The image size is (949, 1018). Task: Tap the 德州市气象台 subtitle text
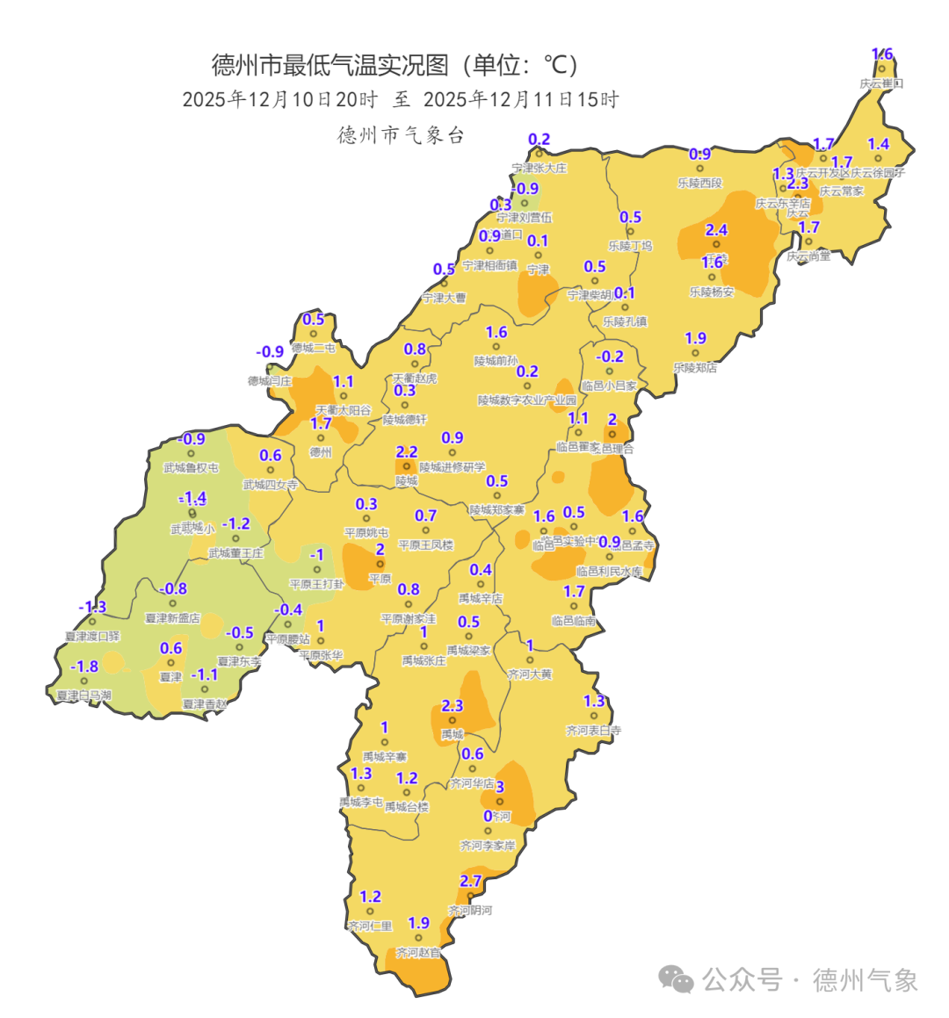pyautogui.click(x=401, y=135)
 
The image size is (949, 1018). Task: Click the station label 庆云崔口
pyautogui.click(x=881, y=83)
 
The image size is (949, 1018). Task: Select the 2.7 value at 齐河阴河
pyautogui.click(x=471, y=881)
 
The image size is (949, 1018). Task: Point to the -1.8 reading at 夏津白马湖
pyautogui.click(x=84, y=667)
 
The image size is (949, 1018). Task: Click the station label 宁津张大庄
pyautogui.click(x=540, y=168)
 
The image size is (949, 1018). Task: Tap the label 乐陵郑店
pyautogui.click(x=695, y=368)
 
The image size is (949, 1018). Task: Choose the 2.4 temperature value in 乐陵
pyautogui.click(x=717, y=230)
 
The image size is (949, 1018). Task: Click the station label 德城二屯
pyautogui.click(x=314, y=348)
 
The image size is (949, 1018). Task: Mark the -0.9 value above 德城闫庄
pyautogui.click(x=270, y=351)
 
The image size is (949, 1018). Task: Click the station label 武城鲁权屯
pyautogui.click(x=191, y=468)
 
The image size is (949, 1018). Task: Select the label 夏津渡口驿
pyautogui.click(x=92, y=636)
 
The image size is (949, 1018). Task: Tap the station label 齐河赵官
pyautogui.click(x=418, y=952)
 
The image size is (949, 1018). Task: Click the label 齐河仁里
pyautogui.click(x=370, y=926)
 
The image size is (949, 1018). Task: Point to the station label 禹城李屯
pyautogui.click(x=361, y=802)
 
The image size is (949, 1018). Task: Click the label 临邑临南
pyautogui.click(x=574, y=621)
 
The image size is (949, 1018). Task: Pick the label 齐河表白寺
pyautogui.click(x=594, y=730)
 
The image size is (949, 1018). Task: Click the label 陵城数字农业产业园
pyautogui.click(x=527, y=401)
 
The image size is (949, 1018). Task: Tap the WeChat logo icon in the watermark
pyautogui.click(x=677, y=978)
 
